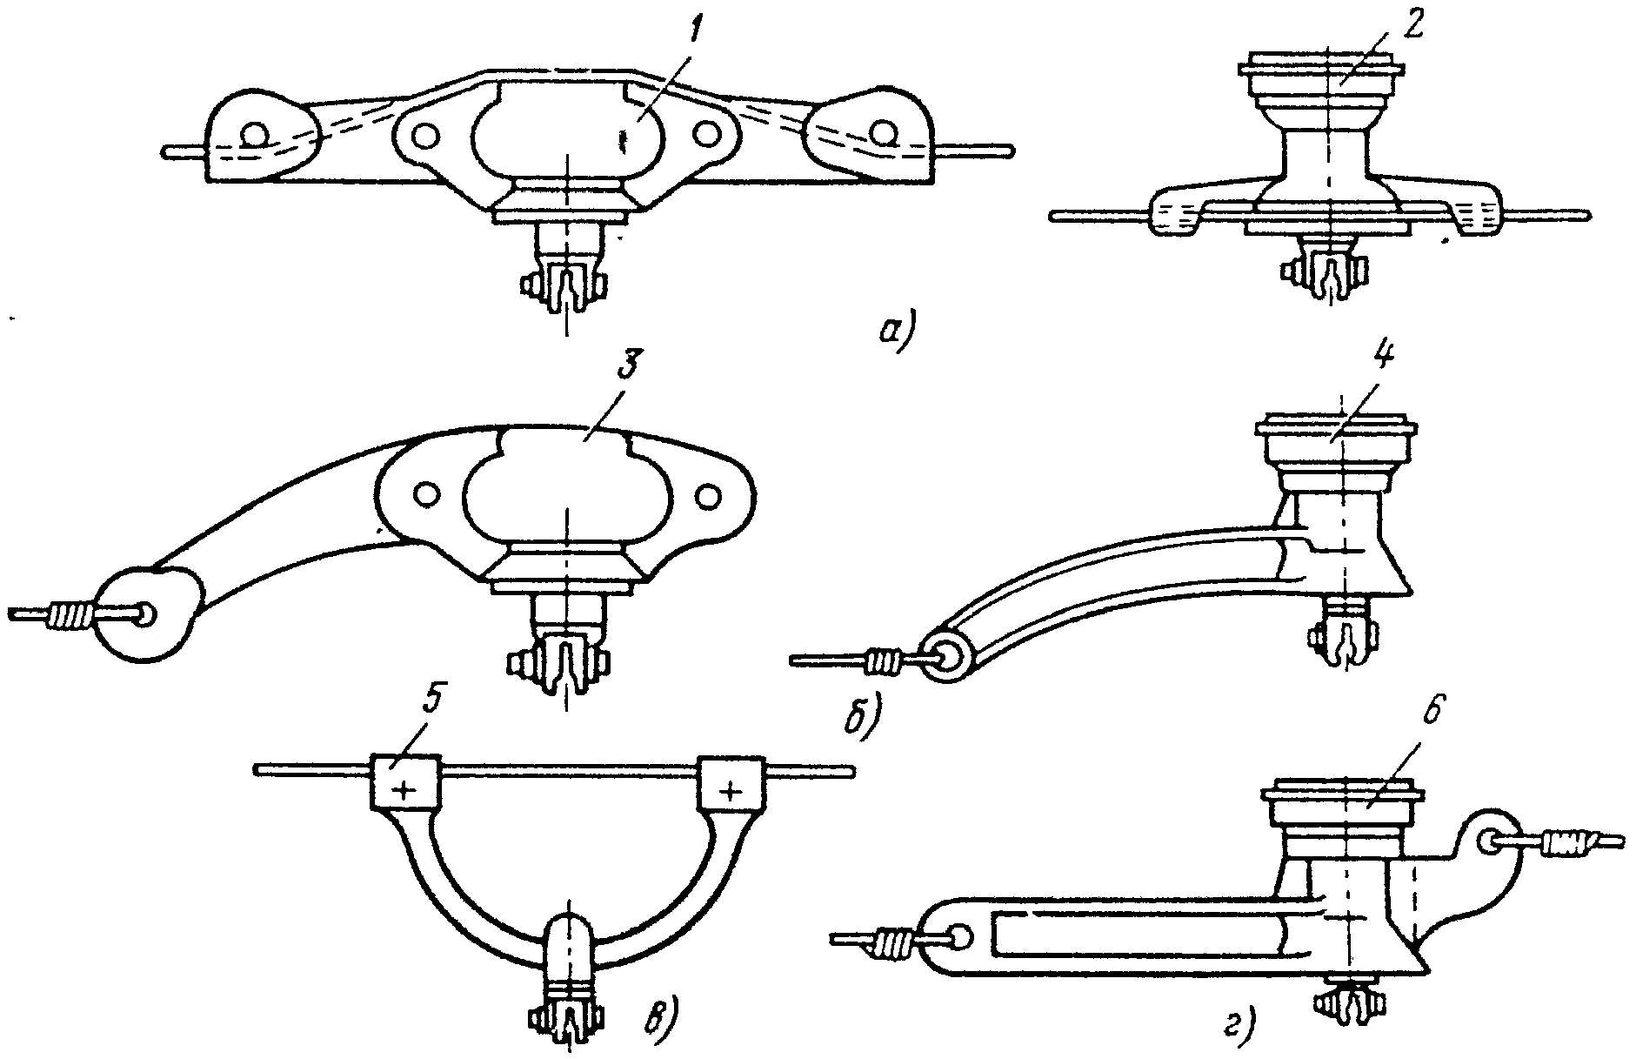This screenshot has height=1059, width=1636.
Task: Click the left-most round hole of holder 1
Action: (255, 135)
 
